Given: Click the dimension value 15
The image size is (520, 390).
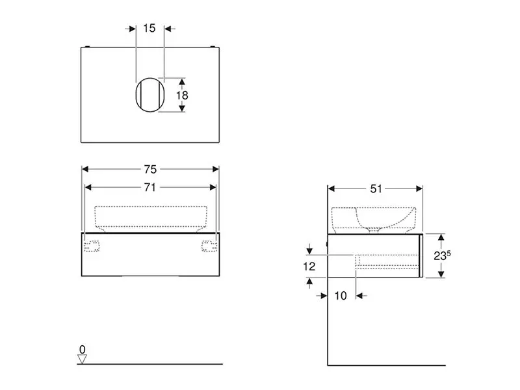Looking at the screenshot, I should pos(149,29).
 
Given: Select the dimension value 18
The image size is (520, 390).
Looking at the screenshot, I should pos(183,95).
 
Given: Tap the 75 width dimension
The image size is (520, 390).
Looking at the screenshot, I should pos(149,170).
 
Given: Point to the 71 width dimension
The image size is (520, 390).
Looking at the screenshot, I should pos(149,187).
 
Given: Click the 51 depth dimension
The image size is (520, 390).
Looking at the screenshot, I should pos(376,188).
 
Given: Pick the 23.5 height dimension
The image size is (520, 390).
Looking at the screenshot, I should pos(443,255).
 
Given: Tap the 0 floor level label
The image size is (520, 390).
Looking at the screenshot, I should pos(82,350).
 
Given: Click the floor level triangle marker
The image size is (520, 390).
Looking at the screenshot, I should pos(82,359).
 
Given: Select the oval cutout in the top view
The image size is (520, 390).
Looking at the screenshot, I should pos(148,95).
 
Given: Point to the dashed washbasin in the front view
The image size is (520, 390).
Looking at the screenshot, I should pos(151,217).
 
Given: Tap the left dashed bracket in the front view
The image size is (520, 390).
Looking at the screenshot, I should pos(92,246).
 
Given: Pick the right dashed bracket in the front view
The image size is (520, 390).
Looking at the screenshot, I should pos(208,246).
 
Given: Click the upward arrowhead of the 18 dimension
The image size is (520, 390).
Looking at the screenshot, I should pos(182,81).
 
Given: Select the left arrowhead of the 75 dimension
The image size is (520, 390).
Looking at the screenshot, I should pos(85,170).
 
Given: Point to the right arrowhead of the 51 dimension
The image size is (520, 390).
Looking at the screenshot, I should pos(419,188).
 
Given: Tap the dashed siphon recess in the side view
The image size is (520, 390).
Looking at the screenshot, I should pos(388,261).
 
